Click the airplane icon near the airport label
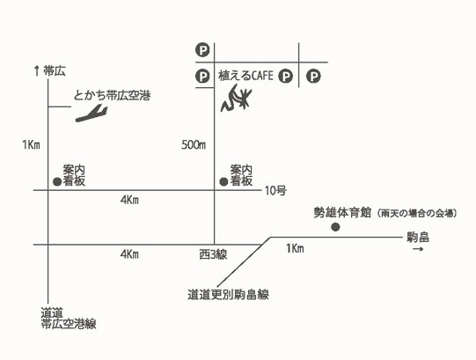92,114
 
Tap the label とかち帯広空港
113,96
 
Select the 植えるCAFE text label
245,76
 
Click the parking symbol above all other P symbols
202,50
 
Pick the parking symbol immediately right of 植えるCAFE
286,76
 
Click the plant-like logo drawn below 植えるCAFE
236,98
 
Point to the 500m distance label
194,145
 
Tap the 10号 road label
275,191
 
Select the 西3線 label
213,254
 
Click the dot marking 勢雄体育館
335,227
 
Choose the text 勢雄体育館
342,213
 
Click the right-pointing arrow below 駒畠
418,249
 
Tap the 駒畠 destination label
418,238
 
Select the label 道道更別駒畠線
228,294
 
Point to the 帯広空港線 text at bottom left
69,324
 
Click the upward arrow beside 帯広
37,71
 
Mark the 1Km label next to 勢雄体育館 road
295,248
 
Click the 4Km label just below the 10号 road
129,200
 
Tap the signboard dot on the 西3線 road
223,181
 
